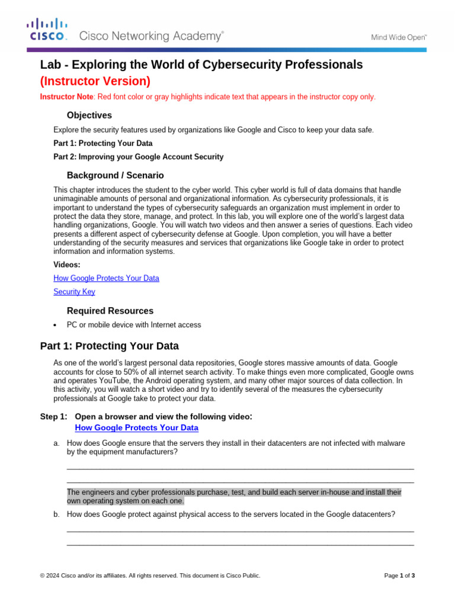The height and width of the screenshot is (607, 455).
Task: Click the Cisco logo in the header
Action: tap(47, 29)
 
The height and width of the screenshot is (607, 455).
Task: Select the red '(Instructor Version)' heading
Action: tap(95, 81)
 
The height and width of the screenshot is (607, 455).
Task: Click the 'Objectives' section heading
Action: tap(89, 115)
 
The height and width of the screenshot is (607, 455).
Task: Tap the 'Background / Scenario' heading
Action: tap(115, 175)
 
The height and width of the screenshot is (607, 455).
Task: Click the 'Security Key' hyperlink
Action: tap(74, 292)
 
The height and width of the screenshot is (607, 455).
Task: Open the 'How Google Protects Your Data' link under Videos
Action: tap(106, 278)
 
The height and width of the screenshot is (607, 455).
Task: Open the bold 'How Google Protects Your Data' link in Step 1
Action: tap(136, 427)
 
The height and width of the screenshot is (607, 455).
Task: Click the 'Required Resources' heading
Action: tap(110, 311)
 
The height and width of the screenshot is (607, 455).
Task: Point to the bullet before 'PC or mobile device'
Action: tap(55, 325)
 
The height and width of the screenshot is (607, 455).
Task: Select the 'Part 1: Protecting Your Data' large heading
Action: tap(109, 346)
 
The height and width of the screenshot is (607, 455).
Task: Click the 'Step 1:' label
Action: tap(53, 417)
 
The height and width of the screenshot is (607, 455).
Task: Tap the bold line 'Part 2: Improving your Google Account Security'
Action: tap(138, 157)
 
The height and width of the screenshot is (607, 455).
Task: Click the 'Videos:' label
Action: tap(67, 265)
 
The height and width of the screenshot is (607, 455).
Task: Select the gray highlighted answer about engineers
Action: tap(234, 496)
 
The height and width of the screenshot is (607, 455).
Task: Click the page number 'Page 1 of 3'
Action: tap(399, 576)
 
